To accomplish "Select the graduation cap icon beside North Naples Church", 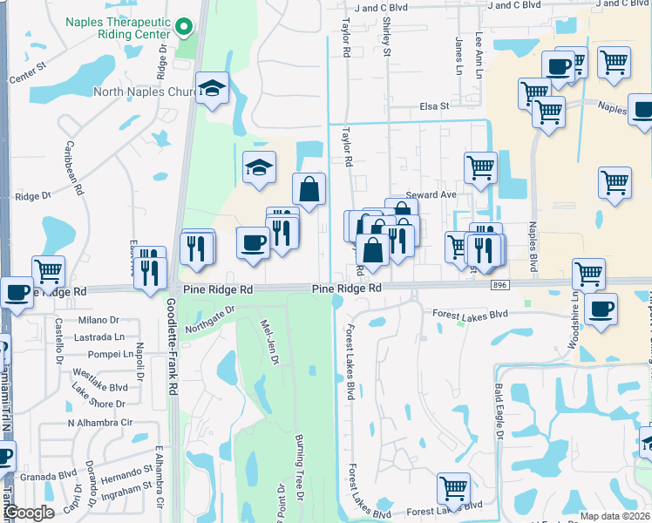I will pyautogui.click(x=212, y=89).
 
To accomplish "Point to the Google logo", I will pyautogui.click(x=29, y=513).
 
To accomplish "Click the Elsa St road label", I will pyautogui.click(x=432, y=106).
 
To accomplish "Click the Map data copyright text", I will pyautogui.click(x=615, y=516).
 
